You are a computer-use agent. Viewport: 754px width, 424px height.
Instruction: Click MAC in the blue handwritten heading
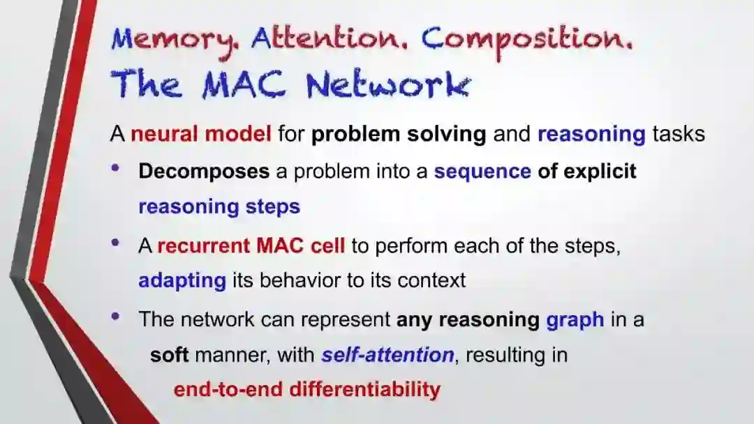coord(244,85)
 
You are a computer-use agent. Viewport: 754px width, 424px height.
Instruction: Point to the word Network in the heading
coord(388,84)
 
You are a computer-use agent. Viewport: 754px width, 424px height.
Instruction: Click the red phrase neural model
coord(201,133)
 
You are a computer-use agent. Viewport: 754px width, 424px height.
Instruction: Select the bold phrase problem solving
coord(399,134)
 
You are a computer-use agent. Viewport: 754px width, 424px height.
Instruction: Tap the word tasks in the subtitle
coord(679,134)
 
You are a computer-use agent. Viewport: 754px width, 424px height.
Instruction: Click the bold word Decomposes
coord(204,172)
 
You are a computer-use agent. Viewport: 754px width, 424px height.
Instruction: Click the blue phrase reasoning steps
coord(219,207)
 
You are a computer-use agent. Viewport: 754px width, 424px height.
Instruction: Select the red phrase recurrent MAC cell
coord(251,246)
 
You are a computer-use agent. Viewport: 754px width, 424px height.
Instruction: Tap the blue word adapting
coord(182,280)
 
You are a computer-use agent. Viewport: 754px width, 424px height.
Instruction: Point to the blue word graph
coord(575,320)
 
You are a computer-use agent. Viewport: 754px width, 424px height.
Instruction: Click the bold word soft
coord(169,355)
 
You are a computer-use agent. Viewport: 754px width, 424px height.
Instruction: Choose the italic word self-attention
coord(387,355)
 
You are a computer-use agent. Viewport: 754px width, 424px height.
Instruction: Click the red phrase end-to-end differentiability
coord(306,389)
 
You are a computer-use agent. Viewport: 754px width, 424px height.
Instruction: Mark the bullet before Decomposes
coord(115,167)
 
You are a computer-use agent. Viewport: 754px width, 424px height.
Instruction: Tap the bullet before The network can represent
coord(115,316)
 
